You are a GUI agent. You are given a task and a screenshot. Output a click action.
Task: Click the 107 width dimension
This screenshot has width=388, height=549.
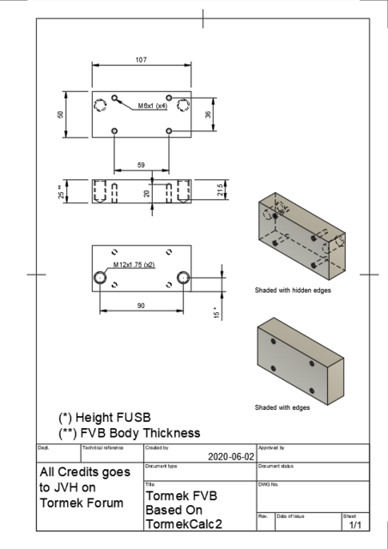141,59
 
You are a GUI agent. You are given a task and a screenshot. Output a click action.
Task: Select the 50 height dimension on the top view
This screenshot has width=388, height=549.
61,114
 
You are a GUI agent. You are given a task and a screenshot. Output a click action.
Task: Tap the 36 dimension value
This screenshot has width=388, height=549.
207,114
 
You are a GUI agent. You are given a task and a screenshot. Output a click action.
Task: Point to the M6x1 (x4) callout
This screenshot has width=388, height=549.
153,106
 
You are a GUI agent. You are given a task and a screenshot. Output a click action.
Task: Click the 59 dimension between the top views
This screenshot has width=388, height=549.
141,165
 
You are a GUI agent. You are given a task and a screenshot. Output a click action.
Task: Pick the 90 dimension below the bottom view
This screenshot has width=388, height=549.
141,305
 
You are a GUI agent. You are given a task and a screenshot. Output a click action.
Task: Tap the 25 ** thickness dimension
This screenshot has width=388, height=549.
61,191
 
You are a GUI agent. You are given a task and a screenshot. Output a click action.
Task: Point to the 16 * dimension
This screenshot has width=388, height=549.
215,314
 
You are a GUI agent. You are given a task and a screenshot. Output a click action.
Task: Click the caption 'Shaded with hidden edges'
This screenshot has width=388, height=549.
293,290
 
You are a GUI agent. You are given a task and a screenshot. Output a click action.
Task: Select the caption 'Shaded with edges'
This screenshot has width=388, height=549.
282,407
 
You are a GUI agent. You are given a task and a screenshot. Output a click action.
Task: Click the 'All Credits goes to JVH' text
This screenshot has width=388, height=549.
86,487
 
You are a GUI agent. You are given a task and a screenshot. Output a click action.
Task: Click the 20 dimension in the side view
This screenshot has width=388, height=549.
147,194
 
